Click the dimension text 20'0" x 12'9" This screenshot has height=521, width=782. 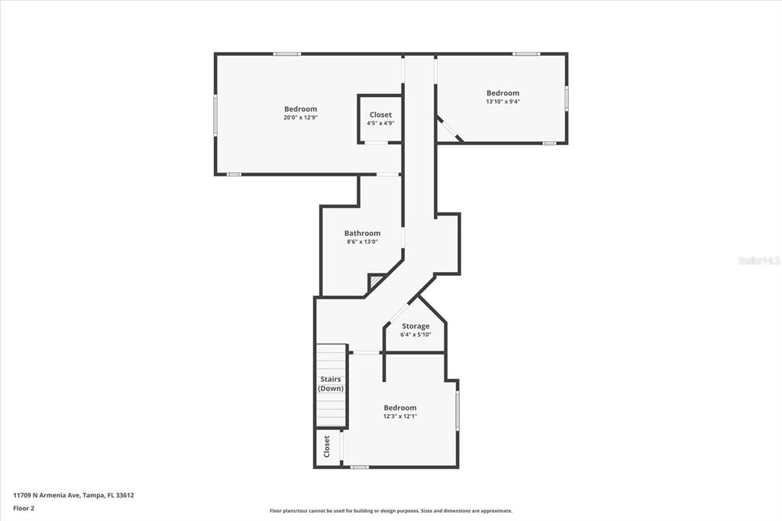pyautogui.click(x=300, y=118)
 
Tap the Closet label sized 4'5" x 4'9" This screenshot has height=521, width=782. pyautogui.click(x=380, y=115)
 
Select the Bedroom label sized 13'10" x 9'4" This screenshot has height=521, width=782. pyautogui.click(x=502, y=93)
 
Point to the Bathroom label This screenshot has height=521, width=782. pyautogui.click(x=362, y=233)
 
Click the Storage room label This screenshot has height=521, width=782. pyautogui.click(x=415, y=326)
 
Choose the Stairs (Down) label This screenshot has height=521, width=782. pyautogui.click(x=331, y=383)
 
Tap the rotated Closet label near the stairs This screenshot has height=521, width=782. pyautogui.click(x=327, y=446)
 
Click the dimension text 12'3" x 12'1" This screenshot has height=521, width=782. pyautogui.click(x=400, y=416)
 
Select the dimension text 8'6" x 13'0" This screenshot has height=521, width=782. pyautogui.click(x=363, y=242)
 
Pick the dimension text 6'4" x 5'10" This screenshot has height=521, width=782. pyautogui.click(x=415, y=335)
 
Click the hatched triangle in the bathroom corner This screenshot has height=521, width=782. pyautogui.click(x=375, y=282)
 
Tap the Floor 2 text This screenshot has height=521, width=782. pyautogui.click(x=24, y=509)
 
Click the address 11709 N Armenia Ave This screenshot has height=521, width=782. pyautogui.click(x=47, y=496)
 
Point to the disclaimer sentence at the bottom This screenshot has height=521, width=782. pyautogui.click(x=391, y=511)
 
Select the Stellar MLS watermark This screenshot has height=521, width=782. pyautogui.click(x=759, y=260)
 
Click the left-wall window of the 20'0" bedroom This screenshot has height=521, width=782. pyautogui.click(x=215, y=115)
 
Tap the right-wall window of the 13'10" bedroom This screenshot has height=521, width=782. pyautogui.click(x=567, y=98)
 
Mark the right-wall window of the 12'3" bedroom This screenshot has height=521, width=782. pyautogui.click(x=457, y=410)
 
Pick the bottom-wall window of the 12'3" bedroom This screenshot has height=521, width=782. pyautogui.click(x=359, y=467)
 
